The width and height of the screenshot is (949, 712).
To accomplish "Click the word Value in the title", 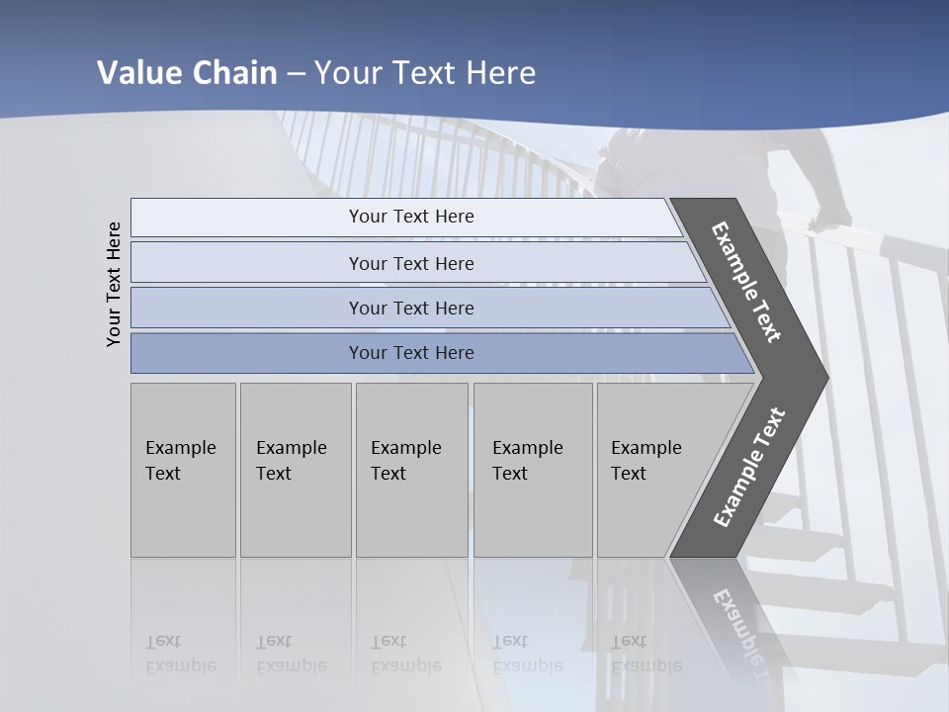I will [x=139, y=73].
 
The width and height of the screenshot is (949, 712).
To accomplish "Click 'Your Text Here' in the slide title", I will [x=425, y=73].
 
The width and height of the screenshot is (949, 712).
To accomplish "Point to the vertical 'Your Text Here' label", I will [x=114, y=284].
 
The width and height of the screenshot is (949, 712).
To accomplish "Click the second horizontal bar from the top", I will [x=410, y=263].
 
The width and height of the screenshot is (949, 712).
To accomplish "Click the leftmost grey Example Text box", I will [x=183, y=470].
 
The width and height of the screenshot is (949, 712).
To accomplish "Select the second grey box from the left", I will [x=296, y=470].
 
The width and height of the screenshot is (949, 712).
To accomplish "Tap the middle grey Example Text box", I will [x=411, y=470].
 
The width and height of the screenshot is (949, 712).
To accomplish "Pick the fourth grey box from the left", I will [x=533, y=470].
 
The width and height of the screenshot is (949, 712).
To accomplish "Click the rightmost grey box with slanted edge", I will [x=652, y=470].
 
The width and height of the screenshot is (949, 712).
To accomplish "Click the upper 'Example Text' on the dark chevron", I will [x=746, y=282].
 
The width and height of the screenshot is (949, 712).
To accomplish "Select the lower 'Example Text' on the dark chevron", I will [x=748, y=468].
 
